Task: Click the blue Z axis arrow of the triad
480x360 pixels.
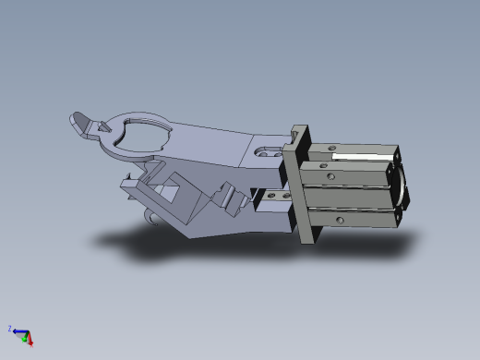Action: tap(18, 331)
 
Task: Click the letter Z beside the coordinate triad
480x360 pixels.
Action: tap(10, 329)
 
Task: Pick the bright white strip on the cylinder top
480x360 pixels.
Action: tap(355, 156)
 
